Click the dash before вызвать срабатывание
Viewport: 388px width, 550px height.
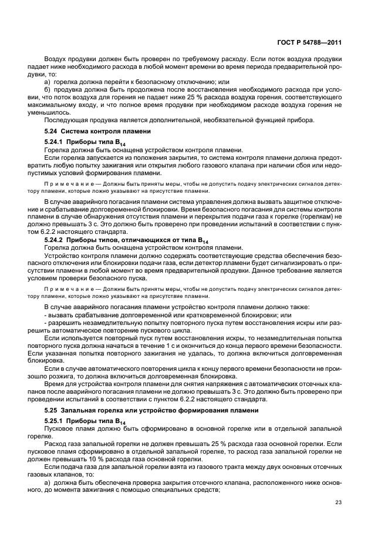[45, 315]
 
